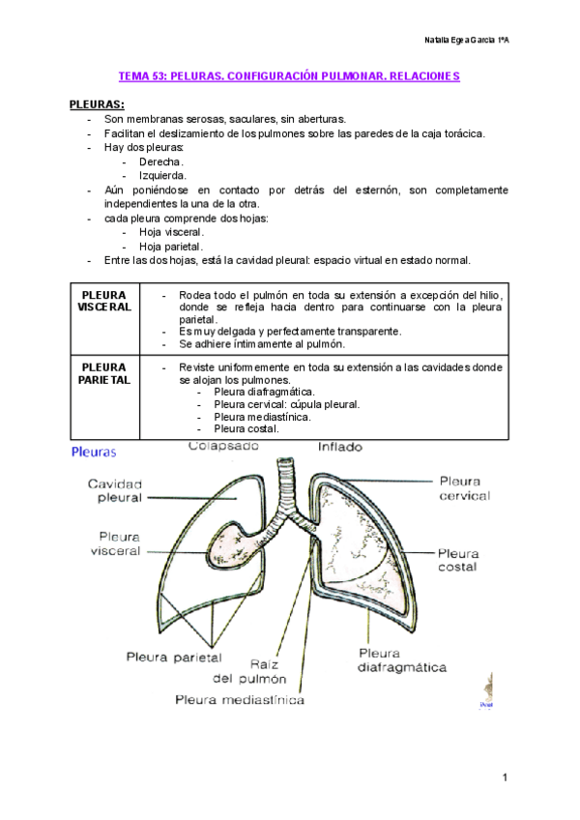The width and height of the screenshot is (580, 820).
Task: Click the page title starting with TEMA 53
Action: coord(289,75)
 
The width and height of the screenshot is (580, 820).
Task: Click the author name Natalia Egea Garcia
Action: coord(467,40)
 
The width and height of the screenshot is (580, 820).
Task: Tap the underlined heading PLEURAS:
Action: coord(97,103)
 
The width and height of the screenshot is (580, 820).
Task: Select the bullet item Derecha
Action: coord(160,161)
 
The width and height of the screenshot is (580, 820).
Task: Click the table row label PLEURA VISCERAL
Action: coord(105,300)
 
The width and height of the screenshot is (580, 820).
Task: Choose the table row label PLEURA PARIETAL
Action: coord(105,374)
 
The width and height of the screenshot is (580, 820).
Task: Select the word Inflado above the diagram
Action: coord(340,447)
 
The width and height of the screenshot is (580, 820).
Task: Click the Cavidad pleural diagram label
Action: coord(115,490)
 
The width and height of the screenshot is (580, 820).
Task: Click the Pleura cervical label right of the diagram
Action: coord(464,487)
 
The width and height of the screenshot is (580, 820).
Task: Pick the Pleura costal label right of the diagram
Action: coord(457,560)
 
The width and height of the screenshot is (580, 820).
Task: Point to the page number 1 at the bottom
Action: coord(505,777)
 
